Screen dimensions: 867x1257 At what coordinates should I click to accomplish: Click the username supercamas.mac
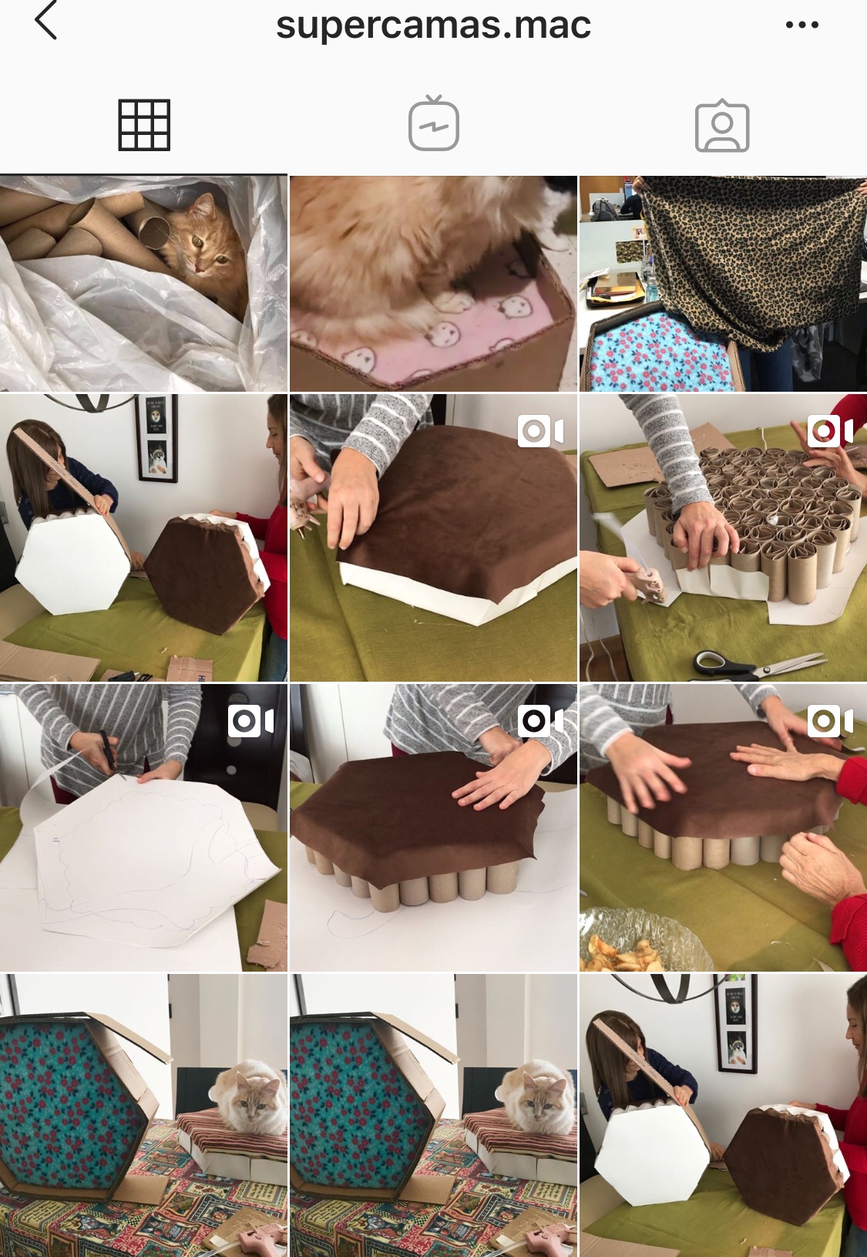[433, 25]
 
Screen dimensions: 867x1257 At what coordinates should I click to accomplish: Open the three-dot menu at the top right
[802, 25]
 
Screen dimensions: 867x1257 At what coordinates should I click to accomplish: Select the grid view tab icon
[144, 125]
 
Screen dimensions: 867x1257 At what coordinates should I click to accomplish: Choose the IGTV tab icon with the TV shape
[433, 123]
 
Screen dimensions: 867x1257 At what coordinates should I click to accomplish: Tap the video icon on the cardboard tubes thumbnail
[831, 431]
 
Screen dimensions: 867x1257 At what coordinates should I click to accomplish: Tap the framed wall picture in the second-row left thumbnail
[156, 438]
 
